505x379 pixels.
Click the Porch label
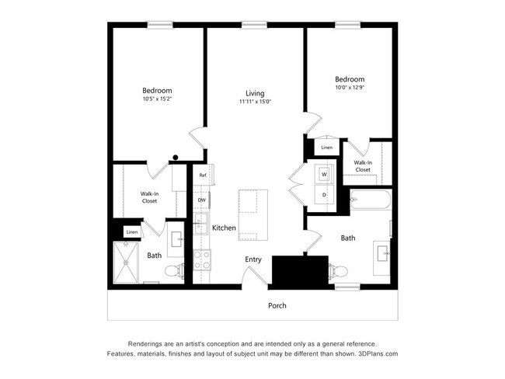tap(277, 305)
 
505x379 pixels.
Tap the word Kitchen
tap(224, 228)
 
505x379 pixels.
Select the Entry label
tap(253, 259)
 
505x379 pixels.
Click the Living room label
tap(255, 93)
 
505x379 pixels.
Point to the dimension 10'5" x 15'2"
tap(157, 99)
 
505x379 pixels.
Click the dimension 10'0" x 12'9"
tap(350, 89)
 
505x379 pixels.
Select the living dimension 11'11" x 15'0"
tap(255, 102)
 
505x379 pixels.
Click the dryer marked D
tap(324, 195)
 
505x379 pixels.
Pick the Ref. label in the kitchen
tap(202, 176)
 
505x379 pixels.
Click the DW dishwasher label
tap(201, 200)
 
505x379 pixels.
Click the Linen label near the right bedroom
tap(326, 148)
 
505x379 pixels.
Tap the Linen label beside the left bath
tap(132, 231)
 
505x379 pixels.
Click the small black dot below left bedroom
tap(176, 158)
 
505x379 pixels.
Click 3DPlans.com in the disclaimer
tap(378, 353)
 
